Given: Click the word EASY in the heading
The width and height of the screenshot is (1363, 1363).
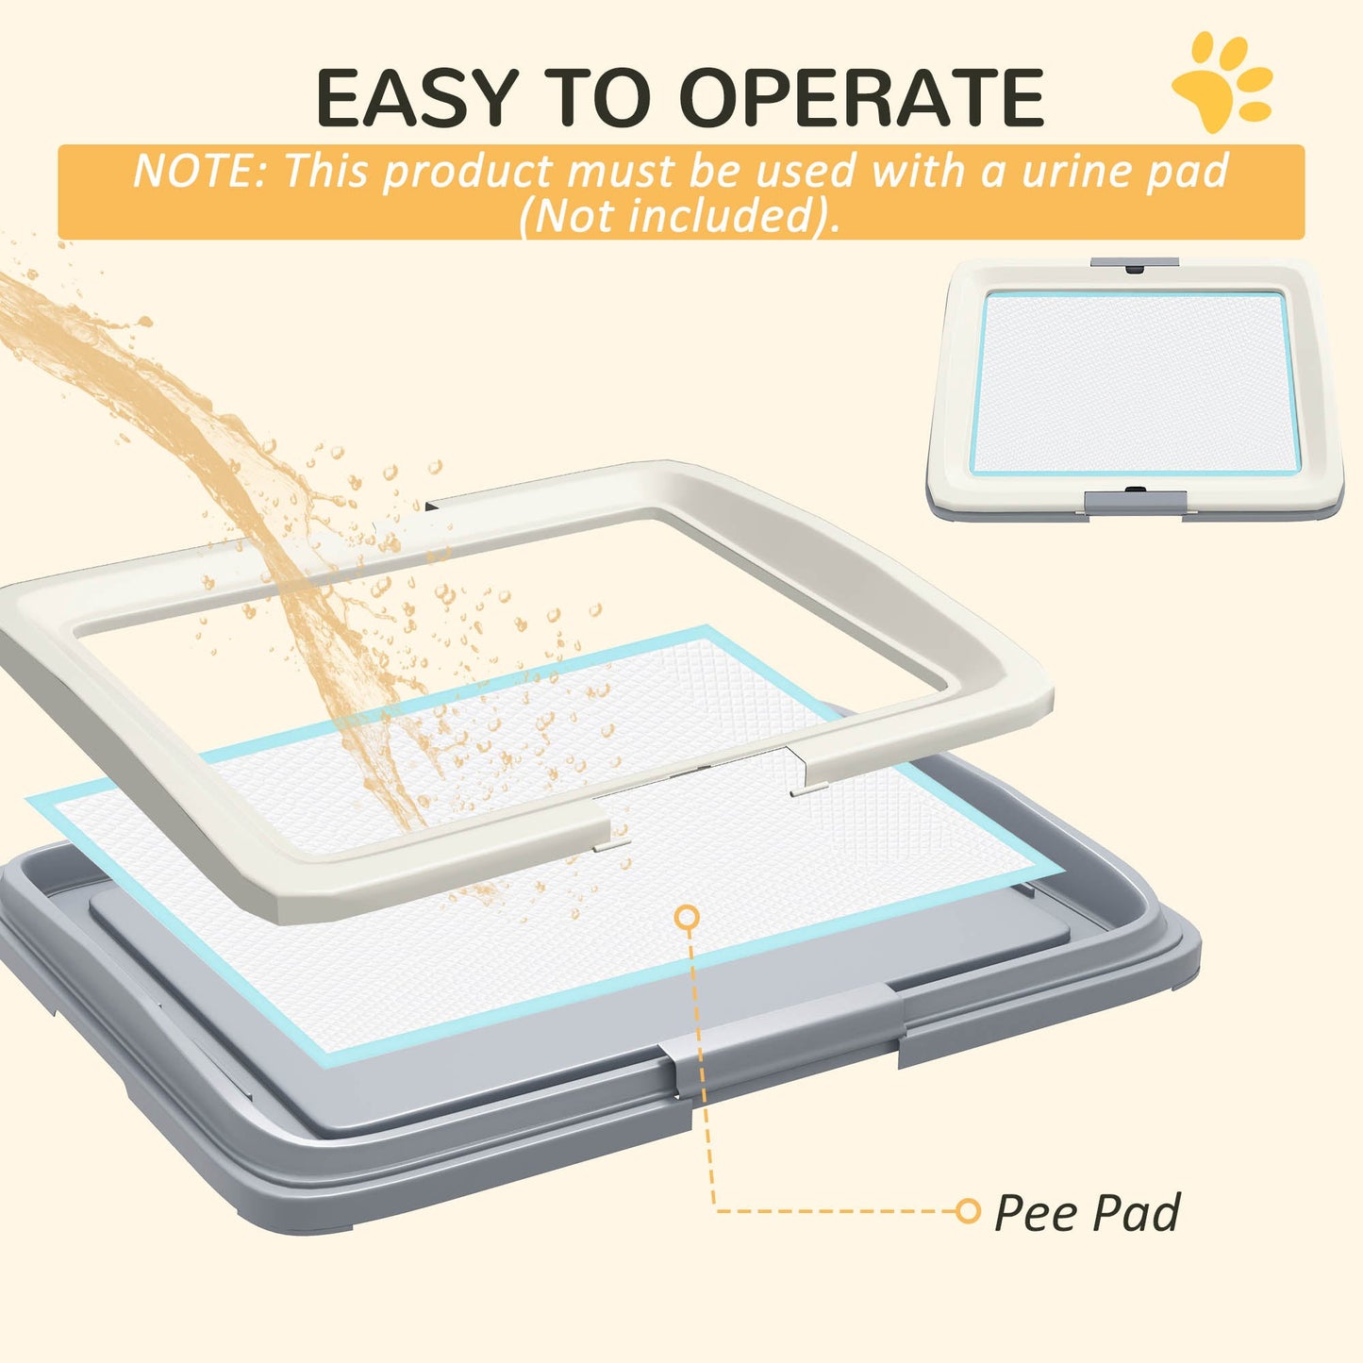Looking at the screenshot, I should tap(417, 98).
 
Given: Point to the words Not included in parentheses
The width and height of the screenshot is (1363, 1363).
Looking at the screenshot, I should tap(679, 215).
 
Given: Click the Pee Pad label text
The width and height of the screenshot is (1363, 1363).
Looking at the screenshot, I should tap(1087, 1213).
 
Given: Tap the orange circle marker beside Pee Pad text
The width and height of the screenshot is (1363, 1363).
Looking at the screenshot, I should tap(968, 1211).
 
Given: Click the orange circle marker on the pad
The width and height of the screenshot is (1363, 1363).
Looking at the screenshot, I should tap(688, 916).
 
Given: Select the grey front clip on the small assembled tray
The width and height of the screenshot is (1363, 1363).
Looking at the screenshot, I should tap(1130, 503).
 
